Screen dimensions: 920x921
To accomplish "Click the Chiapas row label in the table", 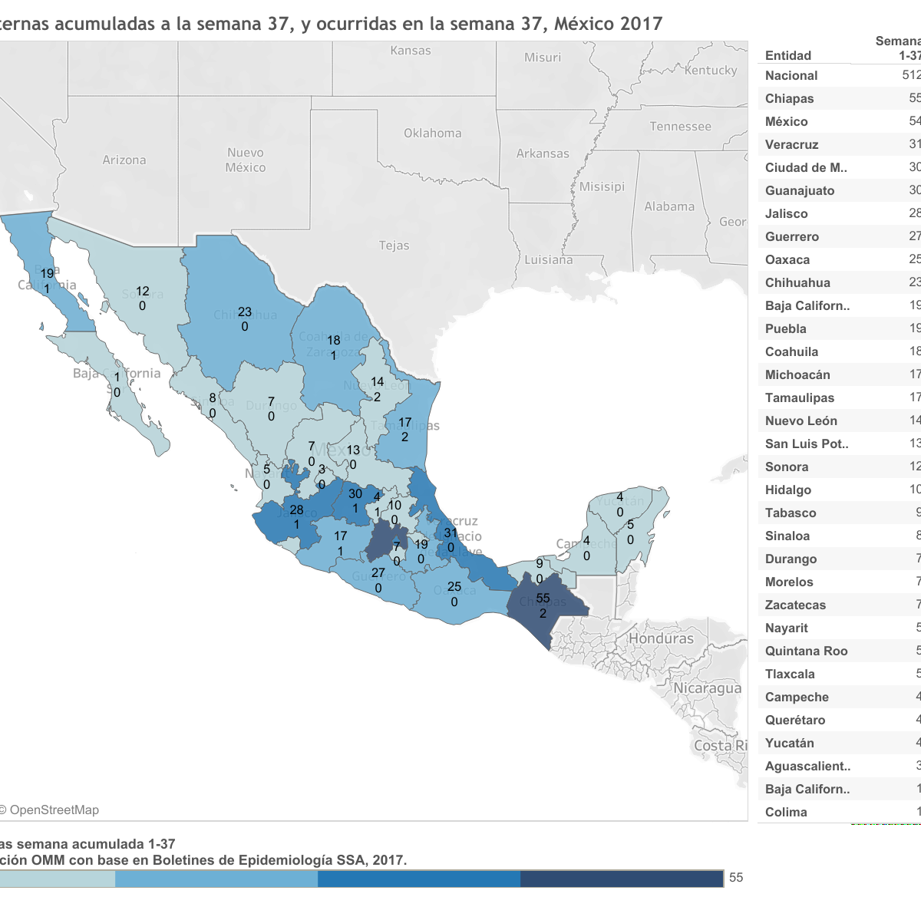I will [x=789, y=98].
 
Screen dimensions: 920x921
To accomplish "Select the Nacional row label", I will [x=791, y=75].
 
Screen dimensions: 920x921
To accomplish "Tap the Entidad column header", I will [x=788, y=55].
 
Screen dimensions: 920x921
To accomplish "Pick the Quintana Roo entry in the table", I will [x=806, y=651].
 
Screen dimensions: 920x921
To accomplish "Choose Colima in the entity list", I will [x=786, y=812].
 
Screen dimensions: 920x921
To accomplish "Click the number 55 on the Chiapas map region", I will [x=543, y=598].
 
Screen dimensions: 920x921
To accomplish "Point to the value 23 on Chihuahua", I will [x=244, y=312].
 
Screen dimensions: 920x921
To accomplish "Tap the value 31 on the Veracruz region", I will [x=451, y=533].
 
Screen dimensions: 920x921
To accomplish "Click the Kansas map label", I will [x=411, y=51].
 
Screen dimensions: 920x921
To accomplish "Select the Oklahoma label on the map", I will [x=433, y=133].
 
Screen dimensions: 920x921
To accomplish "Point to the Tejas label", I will [x=394, y=246].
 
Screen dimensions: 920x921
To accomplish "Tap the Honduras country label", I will [x=661, y=638].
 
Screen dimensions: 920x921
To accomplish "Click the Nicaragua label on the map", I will [x=707, y=688].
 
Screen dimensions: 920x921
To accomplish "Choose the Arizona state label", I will [x=124, y=160].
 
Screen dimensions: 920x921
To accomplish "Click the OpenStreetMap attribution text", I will [x=54, y=810].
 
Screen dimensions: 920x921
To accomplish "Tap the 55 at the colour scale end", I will [x=736, y=878].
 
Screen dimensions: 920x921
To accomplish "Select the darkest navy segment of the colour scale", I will [x=622, y=879].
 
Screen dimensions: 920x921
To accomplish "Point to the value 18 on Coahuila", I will [x=334, y=341].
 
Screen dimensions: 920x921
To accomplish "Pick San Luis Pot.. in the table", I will [x=807, y=444].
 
